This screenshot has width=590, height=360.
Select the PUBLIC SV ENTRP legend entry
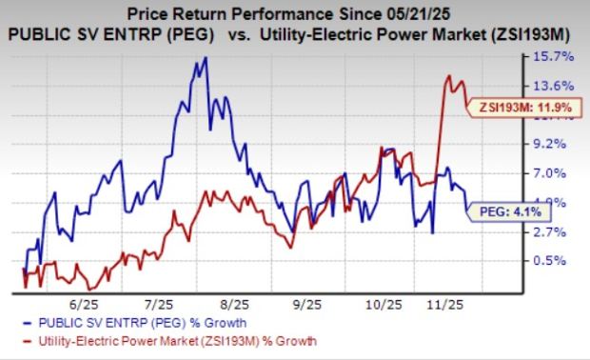91,325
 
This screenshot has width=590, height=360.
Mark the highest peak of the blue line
205,59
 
